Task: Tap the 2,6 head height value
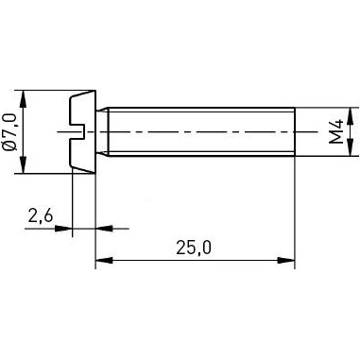click(40, 216)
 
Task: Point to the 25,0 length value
click(194, 248)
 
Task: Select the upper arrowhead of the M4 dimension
click(351, 115)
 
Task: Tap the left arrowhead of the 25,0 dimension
click(102, 259)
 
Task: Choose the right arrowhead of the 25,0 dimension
click(288, 259)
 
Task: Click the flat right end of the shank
click(295, 132)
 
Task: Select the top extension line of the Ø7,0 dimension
click(47, 92)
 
